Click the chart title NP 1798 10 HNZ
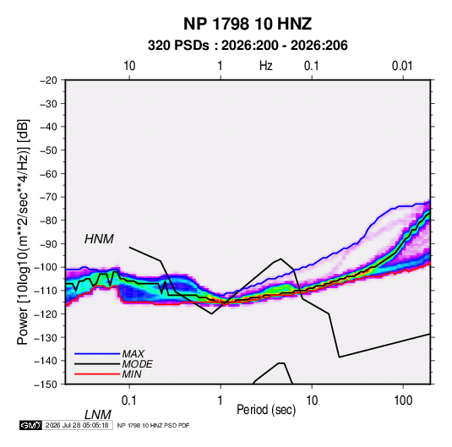[x=248, y=24]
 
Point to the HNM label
[x=99, y=239]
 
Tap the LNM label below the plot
[x=97, y=415]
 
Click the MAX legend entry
[x=133, y=353]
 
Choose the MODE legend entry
[x=137, y=364]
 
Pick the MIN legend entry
[x=132, y=374]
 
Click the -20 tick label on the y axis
[x=48, y=80]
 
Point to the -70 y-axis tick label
[x=48, y=197]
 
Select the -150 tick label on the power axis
[x=46, y=384]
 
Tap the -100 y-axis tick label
[x=46, y=267]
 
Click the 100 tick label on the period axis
[x=403, y=401]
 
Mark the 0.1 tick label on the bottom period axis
[x=129, y=401]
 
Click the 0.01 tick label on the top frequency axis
[x=402, y=66]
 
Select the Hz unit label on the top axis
[x=266, y=66]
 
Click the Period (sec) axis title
[x=266, y=410]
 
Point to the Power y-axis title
[x=23, y=232]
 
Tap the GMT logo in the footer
[x=31, y=425]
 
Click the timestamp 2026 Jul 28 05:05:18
[x=77, y=425]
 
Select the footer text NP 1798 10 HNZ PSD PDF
[x=154, y=425]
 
